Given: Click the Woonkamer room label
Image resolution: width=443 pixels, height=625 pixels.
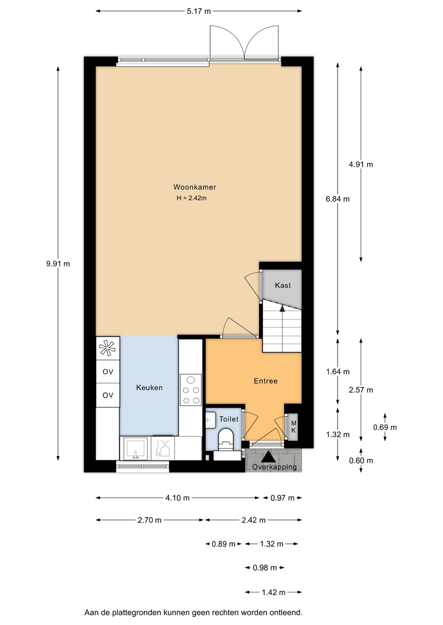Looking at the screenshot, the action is (x=194, y=187).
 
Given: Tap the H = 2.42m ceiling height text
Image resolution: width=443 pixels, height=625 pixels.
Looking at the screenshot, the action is (x=192, y=198).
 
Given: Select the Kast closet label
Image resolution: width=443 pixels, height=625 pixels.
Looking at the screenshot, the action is (x=283, y=285).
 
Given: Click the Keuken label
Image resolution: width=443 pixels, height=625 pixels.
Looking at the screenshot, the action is (x=149, y=387).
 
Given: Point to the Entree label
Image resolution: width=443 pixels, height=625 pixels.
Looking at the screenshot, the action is (x=265, y=381).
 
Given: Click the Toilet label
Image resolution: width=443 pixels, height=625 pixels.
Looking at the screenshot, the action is (x=229, y=419).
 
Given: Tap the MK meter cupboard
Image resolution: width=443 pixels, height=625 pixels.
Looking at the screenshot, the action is (x=293, y=427).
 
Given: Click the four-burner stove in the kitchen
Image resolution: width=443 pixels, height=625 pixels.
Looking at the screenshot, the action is (x=191, y=390).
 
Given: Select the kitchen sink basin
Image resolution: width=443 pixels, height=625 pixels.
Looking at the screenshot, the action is (x=135, y=448).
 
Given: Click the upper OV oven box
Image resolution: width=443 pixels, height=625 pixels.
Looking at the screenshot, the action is (x=108, y=371).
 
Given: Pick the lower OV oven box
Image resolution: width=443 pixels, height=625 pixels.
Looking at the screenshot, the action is (x=108, y=395).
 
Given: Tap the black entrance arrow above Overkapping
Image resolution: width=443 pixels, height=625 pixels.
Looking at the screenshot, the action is (x=268, y=457).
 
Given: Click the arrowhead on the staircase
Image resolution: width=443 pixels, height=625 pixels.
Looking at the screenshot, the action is (x=282, y=308).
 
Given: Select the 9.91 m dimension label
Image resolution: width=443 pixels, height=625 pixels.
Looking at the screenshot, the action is (x=58, y=264).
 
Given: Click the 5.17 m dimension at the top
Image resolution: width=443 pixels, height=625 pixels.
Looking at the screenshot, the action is (x=199, y=11).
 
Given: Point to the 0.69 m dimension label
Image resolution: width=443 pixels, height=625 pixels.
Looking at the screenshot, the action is (x=385, y=427).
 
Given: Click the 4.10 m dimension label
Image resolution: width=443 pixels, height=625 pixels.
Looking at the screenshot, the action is (x=178, y=498).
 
